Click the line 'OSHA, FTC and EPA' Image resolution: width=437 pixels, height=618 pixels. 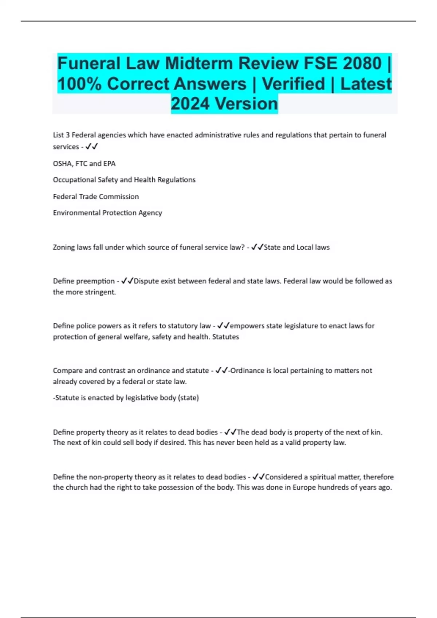(84, 164)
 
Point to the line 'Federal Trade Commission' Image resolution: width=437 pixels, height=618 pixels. (96, 197)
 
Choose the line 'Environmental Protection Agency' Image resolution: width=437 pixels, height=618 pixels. (107, 213)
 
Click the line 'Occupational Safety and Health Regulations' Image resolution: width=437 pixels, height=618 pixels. (124, 180)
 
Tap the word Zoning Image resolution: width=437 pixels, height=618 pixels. (63, 247)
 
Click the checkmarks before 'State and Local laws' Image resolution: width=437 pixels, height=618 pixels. (257, 247)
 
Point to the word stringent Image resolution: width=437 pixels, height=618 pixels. (101, 292)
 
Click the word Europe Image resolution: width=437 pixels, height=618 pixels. (304, 487)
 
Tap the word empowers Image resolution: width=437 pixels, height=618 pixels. (247, 326)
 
